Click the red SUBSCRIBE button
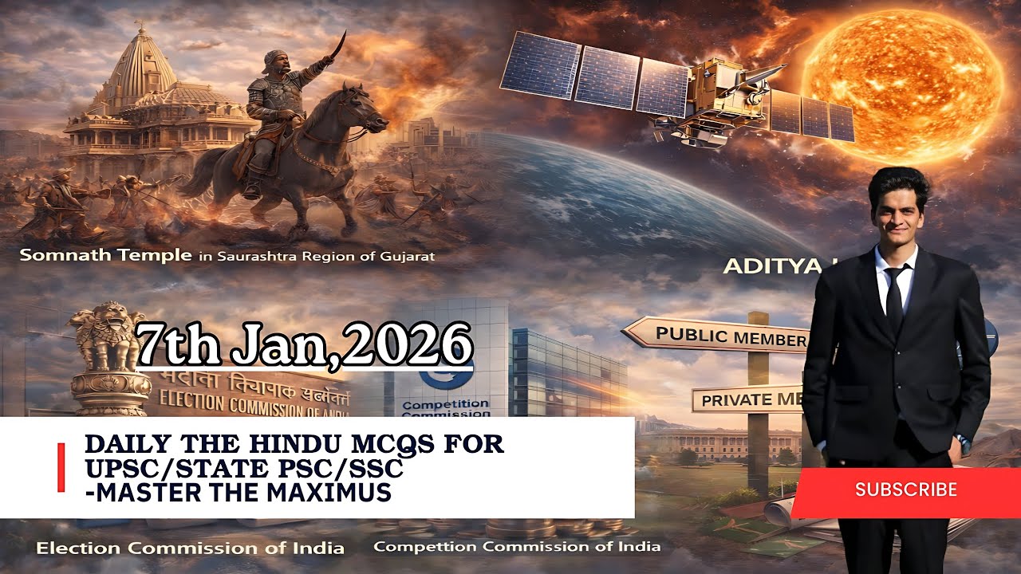point(905,489)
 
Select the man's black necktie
point(893,300)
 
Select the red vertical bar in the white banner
point(61,468)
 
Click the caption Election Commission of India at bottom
point(191,548)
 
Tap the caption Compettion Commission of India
point(517,547)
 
